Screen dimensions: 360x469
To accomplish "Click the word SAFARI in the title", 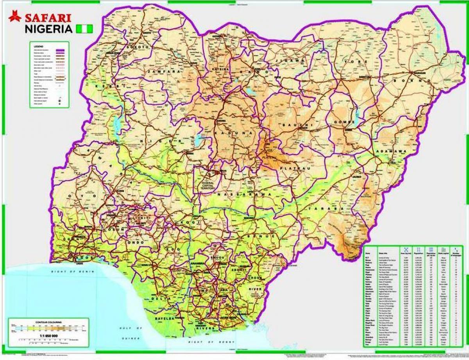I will pos(48,18).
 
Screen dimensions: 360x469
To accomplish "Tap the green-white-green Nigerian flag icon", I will pos(85,29).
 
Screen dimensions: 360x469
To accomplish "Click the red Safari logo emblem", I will pos(15,16).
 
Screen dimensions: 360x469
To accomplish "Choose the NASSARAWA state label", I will pos(245,194).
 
